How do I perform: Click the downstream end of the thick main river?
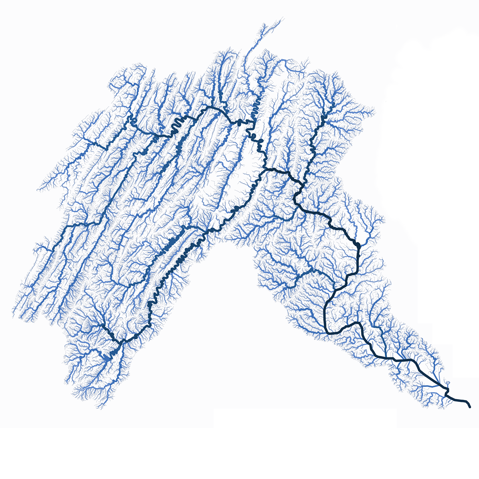(469, 407)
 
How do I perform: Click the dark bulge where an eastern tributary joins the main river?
(358, 244)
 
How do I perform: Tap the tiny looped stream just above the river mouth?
(447, 389)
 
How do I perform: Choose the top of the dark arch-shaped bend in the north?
(212, 108)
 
